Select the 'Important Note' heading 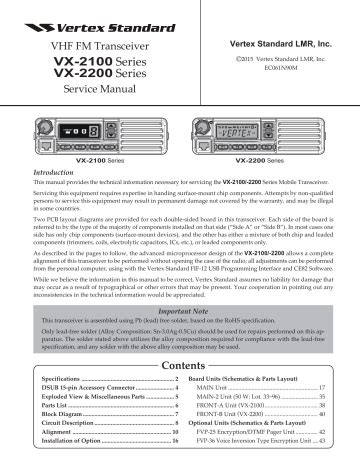(180, 311)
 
